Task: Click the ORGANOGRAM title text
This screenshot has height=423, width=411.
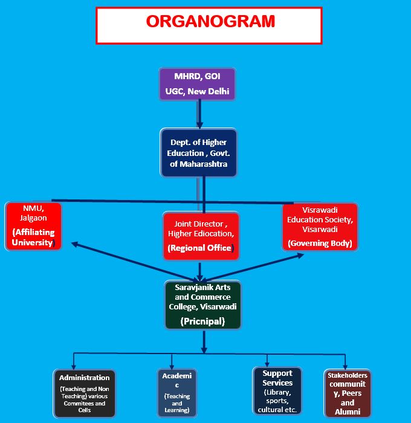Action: tap(210, 21)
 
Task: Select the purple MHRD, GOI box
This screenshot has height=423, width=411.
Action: tap(196, 84)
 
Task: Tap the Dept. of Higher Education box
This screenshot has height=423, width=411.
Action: tap(198, 152)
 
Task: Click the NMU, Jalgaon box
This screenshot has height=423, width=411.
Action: tap(33, 226)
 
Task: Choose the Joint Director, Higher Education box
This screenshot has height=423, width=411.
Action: tap(201, 235)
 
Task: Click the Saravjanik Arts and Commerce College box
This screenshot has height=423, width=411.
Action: tap(203, 304)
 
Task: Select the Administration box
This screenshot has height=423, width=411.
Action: tap(84, 393)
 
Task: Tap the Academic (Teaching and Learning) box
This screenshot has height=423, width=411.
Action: tap(176, 393)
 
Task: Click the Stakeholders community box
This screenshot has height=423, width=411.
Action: tap(346, 393)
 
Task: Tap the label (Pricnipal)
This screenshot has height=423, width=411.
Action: tap(203, 321)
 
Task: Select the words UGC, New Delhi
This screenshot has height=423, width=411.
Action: tap(196, 92)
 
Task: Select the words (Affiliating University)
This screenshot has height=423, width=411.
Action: tap(33, 237)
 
